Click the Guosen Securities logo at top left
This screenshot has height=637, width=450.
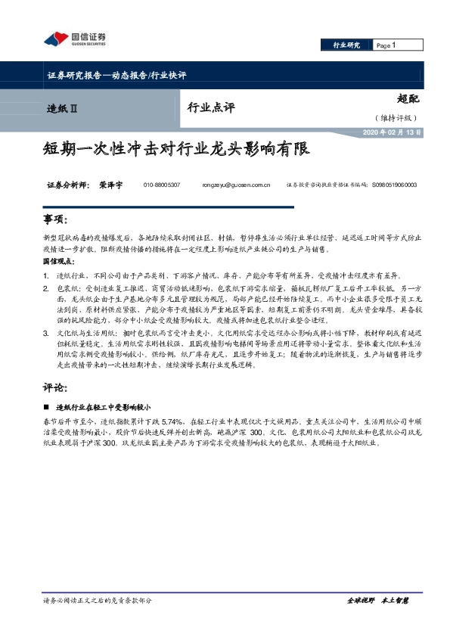click(x=75, y=39)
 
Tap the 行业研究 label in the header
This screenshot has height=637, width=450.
click(x=346, y=46)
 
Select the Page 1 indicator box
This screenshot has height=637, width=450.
click(x=386, y=46)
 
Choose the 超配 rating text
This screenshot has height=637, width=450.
click(x=408, y=98)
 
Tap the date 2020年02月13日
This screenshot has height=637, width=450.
click(x=389, y=132)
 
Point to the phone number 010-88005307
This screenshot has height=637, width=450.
click(x=161, y=185)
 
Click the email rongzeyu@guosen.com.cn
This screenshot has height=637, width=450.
click(x=237, y=185)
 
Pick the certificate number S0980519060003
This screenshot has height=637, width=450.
click(x=396, y=185)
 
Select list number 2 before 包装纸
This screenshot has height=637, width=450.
click(x=47, y=288)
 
